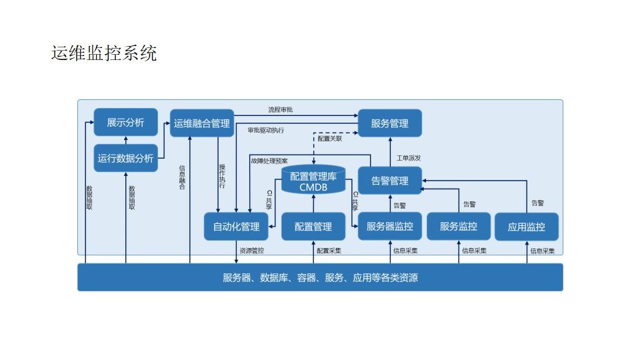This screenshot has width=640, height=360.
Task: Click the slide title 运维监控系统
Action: click(104, 53)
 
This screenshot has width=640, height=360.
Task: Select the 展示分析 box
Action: click(125, 123)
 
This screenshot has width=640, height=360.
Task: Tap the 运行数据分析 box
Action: click(125, 158)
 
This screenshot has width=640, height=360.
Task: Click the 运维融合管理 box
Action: click(201, 123)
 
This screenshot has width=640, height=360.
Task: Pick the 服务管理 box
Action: click(390, 123)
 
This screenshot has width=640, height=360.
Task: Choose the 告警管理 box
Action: click(390, 181)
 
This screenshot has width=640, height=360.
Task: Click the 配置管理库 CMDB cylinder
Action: click(313, 181)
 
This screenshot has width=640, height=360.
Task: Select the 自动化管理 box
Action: click(236, 227)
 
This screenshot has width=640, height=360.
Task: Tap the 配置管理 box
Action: click(313, 227)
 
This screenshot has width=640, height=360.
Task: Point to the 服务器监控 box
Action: click(390, 227)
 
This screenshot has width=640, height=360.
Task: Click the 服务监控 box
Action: click(459, 227)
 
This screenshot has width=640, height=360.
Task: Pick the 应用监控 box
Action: click(527, 227)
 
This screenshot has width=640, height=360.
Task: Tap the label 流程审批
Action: click(281, 109)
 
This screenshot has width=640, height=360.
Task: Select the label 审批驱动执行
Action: click(265, 130)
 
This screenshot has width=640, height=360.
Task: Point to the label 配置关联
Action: click(329, 139)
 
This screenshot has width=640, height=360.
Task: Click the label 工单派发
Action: click(408, 158)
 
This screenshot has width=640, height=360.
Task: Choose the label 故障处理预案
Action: click(269, 161)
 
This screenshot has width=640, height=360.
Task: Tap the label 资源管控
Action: click(251, 251)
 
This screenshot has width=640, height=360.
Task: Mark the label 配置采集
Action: click(329, 251)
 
